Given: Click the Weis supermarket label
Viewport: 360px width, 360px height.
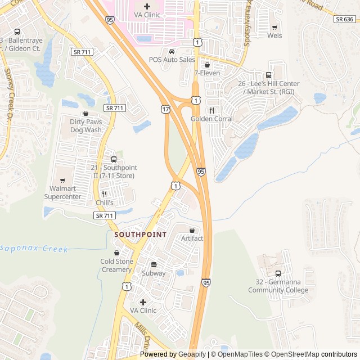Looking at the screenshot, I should (x=275, y=35).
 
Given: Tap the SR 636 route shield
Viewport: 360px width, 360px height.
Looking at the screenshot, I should (x=344, y=19).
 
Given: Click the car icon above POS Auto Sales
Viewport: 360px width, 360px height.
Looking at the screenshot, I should (x=172, y=51).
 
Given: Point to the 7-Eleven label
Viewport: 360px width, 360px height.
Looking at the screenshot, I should (x=207, y=73).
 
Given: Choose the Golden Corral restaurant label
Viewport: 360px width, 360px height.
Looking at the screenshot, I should (x=212, y=119).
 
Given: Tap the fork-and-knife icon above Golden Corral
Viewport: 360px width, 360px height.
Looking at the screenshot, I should (x=212, y=110).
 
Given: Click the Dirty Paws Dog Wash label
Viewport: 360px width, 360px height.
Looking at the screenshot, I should (x=86, y=125).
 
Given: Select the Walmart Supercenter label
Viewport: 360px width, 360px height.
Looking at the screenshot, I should (x=62, y=193).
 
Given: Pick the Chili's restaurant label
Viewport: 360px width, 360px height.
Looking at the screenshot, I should (x=104, y=202).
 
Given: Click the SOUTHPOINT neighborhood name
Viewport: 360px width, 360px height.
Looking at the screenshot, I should (x=140, y=234).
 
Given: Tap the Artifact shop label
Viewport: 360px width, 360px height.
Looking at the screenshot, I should (x=192, y=238).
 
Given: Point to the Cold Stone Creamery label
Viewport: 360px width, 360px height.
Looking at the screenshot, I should (x=116, y=265).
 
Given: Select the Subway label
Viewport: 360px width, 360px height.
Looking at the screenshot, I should (x=154, y=273).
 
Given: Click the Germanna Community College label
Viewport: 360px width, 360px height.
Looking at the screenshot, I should (x=278, y=286).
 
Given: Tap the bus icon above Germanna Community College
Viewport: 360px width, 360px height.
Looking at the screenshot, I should (x=278, y=274).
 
